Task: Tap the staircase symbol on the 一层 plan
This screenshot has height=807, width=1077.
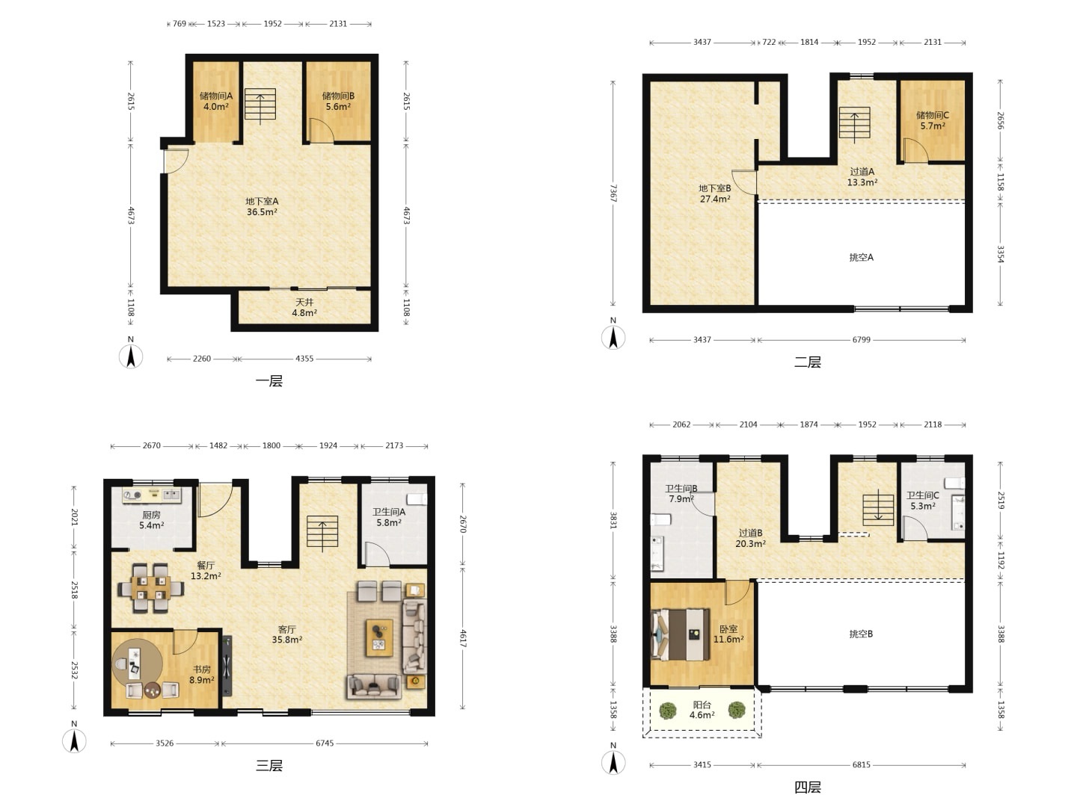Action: (260, 104)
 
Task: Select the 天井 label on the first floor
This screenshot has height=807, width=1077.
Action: (304, 303)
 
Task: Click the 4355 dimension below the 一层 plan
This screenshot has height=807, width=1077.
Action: (304, 359)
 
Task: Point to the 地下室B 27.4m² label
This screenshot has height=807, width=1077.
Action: (715, 194)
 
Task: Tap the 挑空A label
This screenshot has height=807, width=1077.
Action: (861, 257)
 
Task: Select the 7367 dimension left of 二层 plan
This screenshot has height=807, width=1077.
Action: (613, 193)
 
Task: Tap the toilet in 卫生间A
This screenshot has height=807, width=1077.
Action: (417, 499)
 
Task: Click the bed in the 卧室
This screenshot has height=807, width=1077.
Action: (680, 634)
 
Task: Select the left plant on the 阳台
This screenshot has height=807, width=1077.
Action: (667, 711)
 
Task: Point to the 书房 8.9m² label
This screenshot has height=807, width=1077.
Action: (202, 674)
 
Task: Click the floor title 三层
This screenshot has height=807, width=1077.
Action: (269, 765)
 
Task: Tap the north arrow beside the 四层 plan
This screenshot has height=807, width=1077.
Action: (613, 763)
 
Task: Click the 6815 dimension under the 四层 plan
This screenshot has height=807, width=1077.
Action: (861, 764)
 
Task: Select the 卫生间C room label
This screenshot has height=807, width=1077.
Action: (922, 495)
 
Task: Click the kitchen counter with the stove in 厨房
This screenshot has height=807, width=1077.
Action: (152, 495)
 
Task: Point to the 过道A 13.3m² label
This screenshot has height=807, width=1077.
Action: (862, 177)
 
